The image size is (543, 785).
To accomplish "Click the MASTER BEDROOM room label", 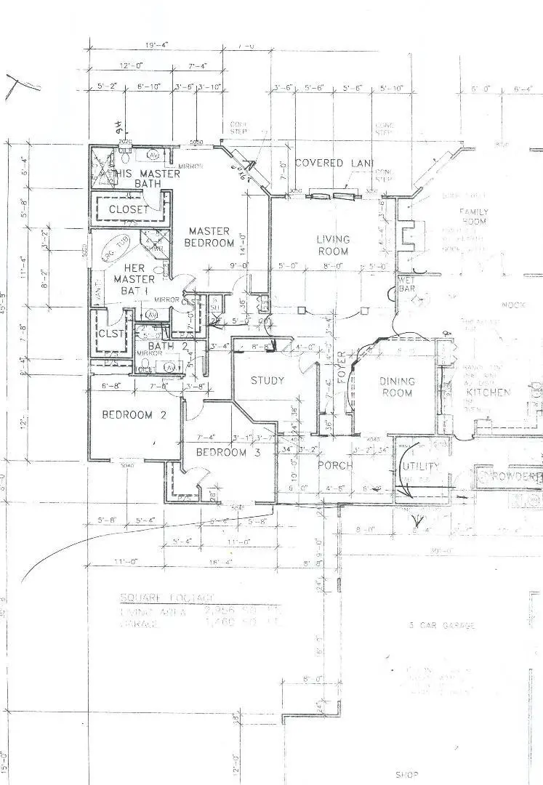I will [209, 237].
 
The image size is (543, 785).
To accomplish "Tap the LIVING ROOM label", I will [333, 245].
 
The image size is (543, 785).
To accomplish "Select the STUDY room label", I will [268, 380].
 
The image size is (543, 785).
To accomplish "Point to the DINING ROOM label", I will [396, 387].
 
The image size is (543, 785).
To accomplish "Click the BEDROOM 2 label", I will [127, 415].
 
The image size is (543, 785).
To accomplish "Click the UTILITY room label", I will [421, 466].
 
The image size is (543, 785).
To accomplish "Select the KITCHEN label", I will [488, 392].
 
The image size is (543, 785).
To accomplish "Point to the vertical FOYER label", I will [341, 366].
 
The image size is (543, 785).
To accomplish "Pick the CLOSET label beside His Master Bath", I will [128, 209].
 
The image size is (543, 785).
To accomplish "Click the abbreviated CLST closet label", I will [111, 334].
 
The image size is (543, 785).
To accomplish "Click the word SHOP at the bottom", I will [408, 775].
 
